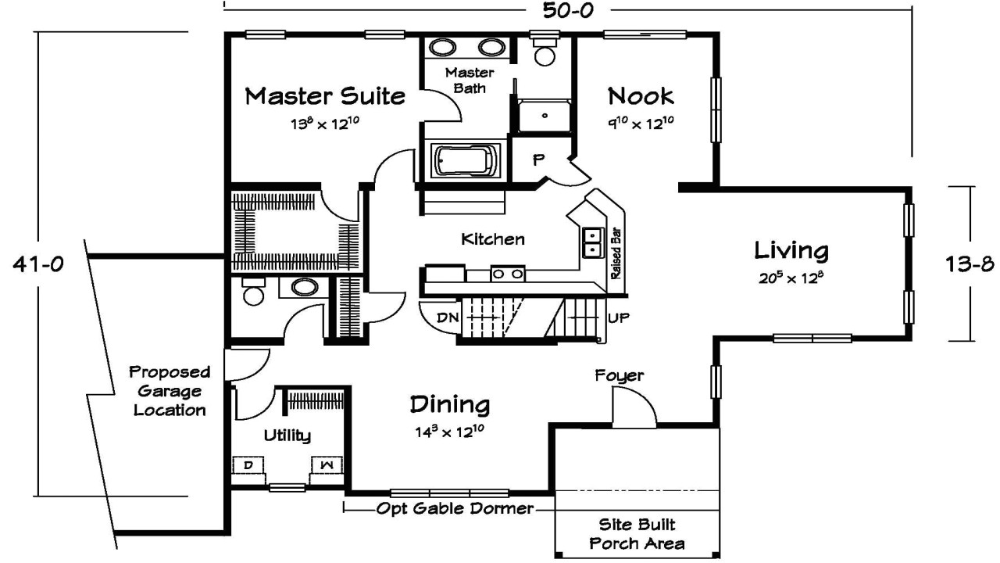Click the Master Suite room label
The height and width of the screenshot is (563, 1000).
[x=325, y=96]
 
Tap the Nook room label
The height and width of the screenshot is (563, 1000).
[x=641, y=96]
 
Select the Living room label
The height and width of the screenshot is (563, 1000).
[x=791, y=251]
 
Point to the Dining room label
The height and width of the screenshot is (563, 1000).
[x=450, y=405]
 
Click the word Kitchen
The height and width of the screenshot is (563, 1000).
[x=492, y=239]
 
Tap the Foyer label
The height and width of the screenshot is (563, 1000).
[x=619, y=376]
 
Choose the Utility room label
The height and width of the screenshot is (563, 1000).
[x=287, y=436]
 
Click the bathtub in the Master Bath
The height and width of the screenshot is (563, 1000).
[x=465, y=161]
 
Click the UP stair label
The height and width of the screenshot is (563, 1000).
[x=618, y=318]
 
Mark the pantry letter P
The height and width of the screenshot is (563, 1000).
[x=537, y=160]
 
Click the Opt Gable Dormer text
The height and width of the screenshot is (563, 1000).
[x=455, y=509]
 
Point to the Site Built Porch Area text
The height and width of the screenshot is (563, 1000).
[x=637, y=533]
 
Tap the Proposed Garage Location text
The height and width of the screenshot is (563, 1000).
[x=170, y=390]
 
